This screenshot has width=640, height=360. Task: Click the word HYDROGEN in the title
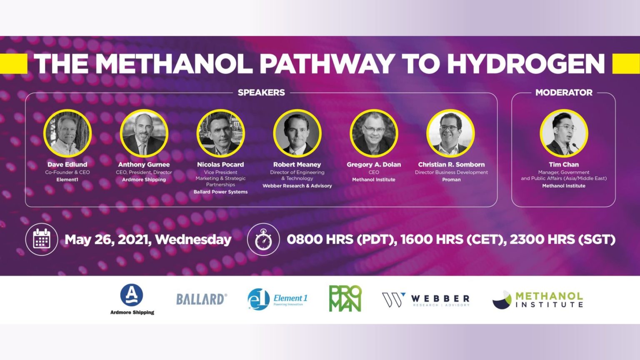pos(525,64)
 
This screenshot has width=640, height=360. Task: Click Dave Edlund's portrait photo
pos(67,133)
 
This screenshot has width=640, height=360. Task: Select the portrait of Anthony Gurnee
pos(144,133)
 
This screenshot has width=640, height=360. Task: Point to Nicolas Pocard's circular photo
pos(220,133)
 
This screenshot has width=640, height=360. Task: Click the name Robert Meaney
pos(297,165)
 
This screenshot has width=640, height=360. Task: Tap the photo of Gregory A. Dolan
pos(374,133)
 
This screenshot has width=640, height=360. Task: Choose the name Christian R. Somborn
pos(451,165)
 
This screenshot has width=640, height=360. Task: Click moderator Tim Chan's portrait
pos(564,133)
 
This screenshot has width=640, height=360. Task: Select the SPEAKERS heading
pos(261,92)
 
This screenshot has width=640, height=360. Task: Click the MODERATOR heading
pos(564,92)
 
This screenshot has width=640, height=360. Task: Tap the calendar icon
pos(42,239)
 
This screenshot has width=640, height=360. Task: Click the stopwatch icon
pos(263,240)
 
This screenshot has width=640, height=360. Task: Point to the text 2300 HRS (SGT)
pos(562,240)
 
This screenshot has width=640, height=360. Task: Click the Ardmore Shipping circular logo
pos(132,295)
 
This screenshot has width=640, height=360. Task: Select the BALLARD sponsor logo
pos(202,299)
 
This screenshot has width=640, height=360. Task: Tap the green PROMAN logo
pos(345,298)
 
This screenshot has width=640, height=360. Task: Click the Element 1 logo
pos(277,299)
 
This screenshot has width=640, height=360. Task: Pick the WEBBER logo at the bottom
pos(426,300)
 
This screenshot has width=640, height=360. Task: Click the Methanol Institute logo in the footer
pos(537,300)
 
